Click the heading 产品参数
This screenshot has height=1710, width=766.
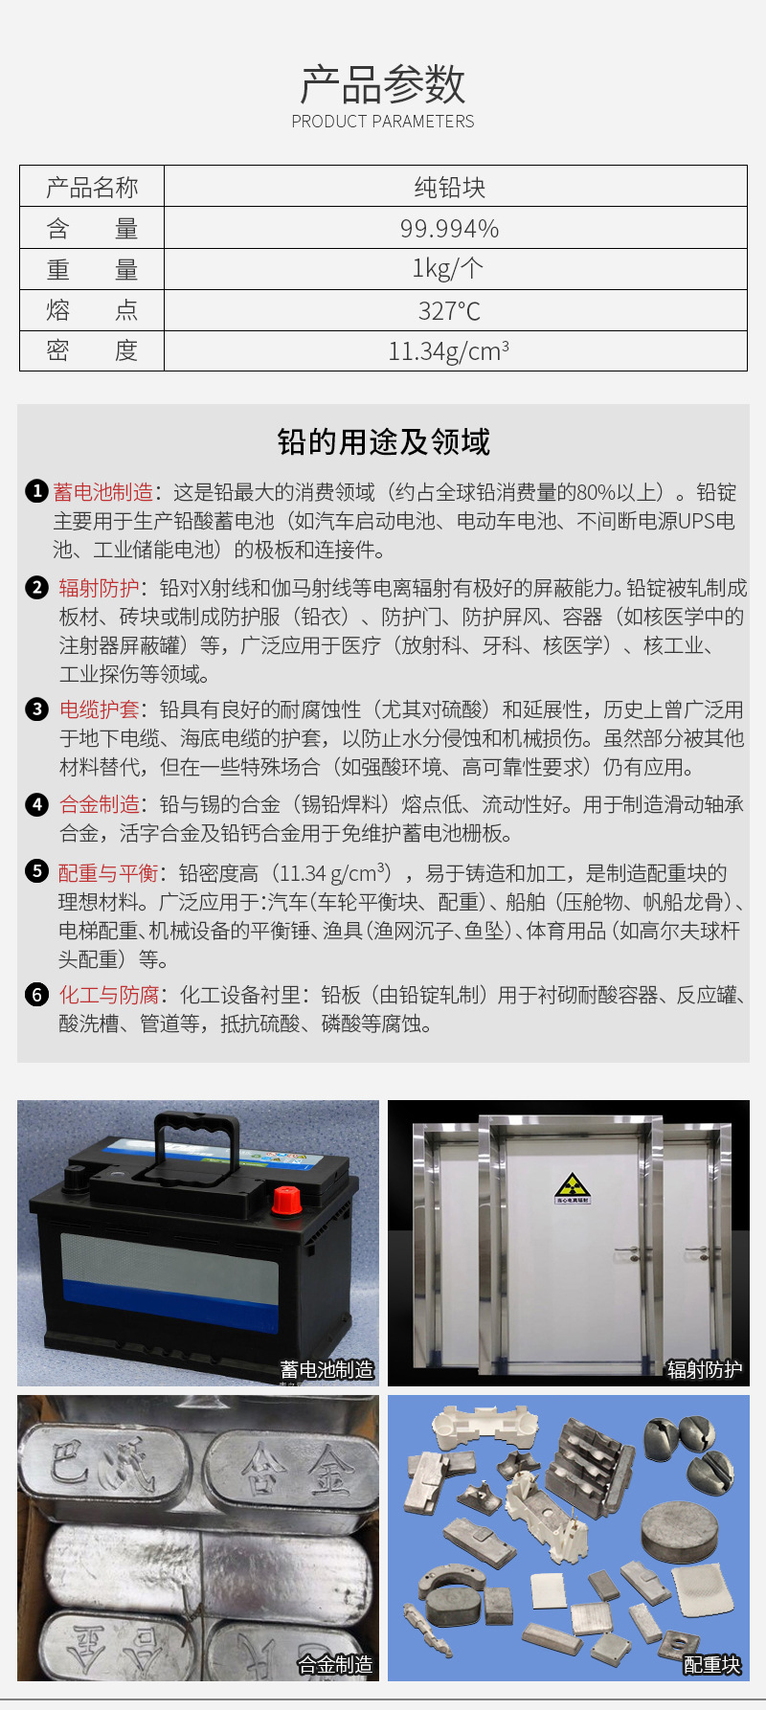pyautogui.click(x=383, y=84)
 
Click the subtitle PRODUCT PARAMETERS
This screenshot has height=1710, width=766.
pyautogui.click(x=383, y=122)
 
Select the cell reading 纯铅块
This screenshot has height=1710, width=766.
pyautogui.click(x=450, y=188)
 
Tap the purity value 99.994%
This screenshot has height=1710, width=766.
pyautogui.click(x=450, y=229)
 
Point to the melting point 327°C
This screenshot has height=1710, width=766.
pyautogui.click(x=449, y=311)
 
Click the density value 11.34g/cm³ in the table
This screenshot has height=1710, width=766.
pyautogui.click(x=448, y=351)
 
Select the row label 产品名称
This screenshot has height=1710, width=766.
pyautogui.click(x=92, y=188)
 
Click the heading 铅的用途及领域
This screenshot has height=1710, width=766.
pyautogui.click(x=383, y=442)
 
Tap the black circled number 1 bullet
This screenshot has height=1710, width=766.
pyautogui.click(x=36, y=492)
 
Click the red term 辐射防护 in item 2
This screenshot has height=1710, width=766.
pyautogui.click(x=99, y=588)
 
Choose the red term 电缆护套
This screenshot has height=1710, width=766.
pyautogui.click(x=99, y=709)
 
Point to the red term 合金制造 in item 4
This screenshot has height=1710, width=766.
pyautogui.click(x=99, y=804)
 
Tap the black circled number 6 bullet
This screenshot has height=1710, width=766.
pyautogui.click(x=36, y=995)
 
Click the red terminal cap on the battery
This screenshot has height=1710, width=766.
pyautogui.click(x=286, y=1198)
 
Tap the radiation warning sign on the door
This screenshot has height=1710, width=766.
pyautogui.click(x=573, y=1188)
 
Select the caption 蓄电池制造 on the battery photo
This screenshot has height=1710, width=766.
pyautogui.click(x=327, y=1370)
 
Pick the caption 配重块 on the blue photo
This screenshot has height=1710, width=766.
pyautogui.click(x=711, y=1665)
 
